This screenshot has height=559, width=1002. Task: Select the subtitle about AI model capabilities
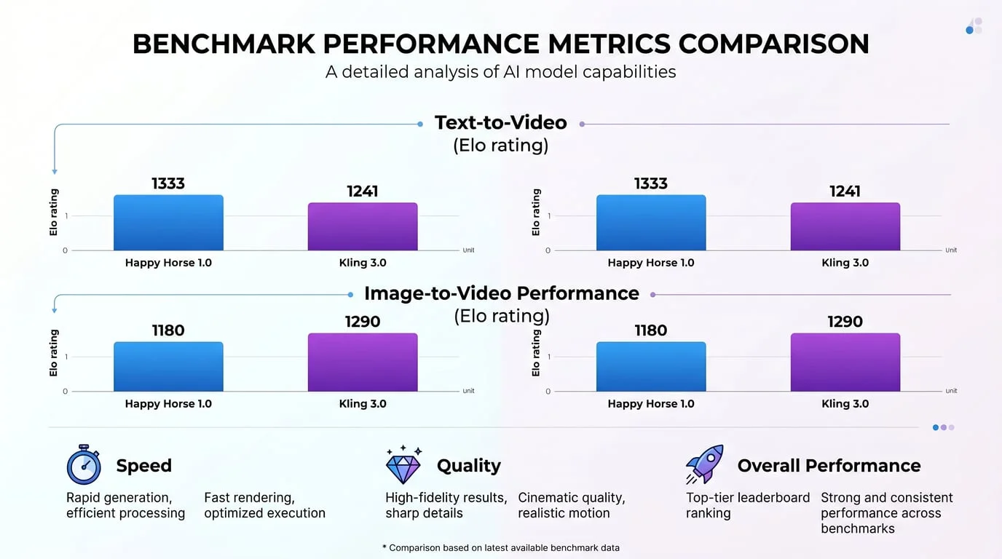pyautogui.click(x=500, y=72)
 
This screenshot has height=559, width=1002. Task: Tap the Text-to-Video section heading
pyautogui.click(x=500, y=122)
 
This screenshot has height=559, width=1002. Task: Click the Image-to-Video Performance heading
pyautogui.click(x=501, y=293)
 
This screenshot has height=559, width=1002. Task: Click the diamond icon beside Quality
pyautogui.click(x=403, y=465)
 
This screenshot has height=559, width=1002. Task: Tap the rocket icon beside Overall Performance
pyautogui.click(x=705, y=464)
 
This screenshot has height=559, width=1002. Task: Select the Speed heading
pyautogui.click(x=143, y=466)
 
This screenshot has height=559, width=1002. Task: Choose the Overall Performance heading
pyautogui.click(x=829, y=466)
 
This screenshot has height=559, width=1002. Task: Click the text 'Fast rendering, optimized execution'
pyautogui.click(x=264, y=505)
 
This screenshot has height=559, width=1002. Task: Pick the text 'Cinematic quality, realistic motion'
pyautogui.click(x=571, y=505)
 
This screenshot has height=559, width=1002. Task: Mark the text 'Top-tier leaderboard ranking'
pyautogui.click(x=747, y=505)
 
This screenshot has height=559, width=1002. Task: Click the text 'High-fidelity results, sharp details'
pyautogui.click(x=446, y=505)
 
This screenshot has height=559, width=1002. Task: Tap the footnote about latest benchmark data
pyautogui.click(x=500, y=547)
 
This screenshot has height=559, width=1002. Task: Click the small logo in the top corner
pyautogui.click(x=974, y=27)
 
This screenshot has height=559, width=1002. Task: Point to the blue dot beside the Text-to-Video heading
pyautogui.click(x=420, y=124)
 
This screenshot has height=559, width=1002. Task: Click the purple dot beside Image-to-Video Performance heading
pyautogui.click(x=652, y=295)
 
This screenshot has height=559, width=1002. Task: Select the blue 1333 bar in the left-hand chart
pyautogui.click(x=168, y=223)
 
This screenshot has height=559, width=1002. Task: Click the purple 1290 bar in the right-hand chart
pyautogui.click(x=845, y=362)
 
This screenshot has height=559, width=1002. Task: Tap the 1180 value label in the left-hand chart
pyautogui.click(x=168, y=330)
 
